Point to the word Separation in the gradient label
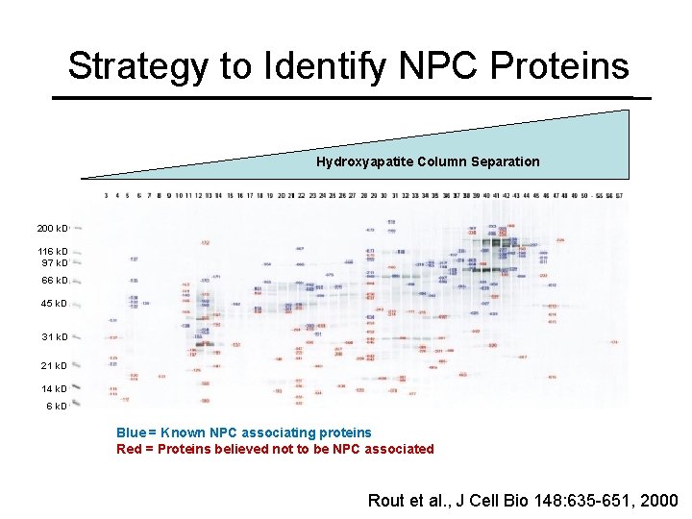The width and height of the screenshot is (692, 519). coord(505,161)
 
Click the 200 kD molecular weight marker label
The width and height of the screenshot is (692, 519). coord(52,229)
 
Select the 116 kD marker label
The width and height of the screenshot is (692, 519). coord(52,252)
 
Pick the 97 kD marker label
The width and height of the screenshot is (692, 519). coord(54,262)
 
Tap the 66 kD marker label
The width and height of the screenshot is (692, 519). coord(54,281)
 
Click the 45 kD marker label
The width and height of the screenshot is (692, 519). coord(54,304)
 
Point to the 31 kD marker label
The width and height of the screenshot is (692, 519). coord(54,337)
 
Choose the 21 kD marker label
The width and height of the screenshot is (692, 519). coord(54,366)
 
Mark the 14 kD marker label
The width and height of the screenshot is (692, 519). coord(54,389)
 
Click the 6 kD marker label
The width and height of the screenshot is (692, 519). coord(57,406)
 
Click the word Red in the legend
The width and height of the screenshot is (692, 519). coord(129,449)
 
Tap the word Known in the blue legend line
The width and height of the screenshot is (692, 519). coord(183,432)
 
